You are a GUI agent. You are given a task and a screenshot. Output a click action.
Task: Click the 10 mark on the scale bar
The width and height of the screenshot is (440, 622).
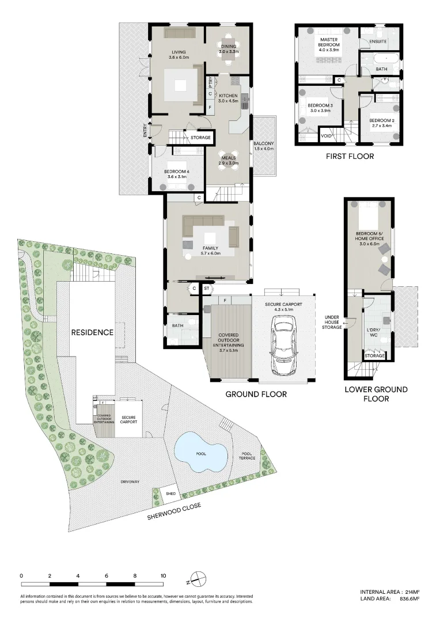coord(163,575)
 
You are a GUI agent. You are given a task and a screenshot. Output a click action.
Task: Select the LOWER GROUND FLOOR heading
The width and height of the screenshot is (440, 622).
coord(368,394)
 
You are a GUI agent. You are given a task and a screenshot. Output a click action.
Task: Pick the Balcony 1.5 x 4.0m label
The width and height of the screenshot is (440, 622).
coord(263,146)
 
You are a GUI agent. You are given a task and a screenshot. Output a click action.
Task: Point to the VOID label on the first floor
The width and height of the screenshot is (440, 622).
coord(326,136)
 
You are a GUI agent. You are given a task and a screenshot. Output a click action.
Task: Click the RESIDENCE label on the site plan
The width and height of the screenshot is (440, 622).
coord(92,332)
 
